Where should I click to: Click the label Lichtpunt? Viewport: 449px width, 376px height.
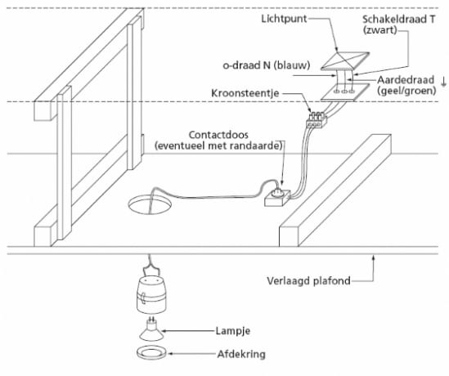click(284, 19)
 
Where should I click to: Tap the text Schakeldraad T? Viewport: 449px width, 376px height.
click(399, 19)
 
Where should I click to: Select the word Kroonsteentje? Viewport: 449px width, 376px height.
click(245, 93)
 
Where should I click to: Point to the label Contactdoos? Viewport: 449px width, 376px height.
click(218, 135)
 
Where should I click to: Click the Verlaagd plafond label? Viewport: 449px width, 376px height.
click(308, 280)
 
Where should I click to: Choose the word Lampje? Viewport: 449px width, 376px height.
click(233, 331)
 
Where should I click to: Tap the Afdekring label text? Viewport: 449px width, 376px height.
click(241, 354)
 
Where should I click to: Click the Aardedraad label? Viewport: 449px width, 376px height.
click(406, 80)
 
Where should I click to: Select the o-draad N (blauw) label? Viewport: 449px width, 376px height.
click(267, 65)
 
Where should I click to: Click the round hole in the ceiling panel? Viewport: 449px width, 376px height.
click(150, 205)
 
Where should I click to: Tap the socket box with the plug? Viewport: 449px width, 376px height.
click(277, 198)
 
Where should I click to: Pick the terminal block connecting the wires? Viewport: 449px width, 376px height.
click(317, 119)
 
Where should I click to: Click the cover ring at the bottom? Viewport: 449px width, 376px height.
click(151, 353)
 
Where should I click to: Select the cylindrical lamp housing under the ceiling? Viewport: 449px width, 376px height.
click(151, 294)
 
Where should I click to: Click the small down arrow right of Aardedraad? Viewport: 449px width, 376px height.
click(443, 82)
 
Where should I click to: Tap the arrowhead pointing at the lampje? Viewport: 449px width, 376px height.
click(164, 331)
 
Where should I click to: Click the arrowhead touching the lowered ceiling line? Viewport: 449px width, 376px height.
click(373, 257)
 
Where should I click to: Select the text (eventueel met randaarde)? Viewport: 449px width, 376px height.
click(218, 145)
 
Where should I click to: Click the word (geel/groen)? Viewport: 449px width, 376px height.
click(406, 91)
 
